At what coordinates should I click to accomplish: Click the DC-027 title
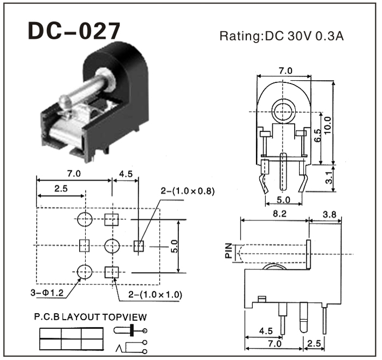(x=74, y=32)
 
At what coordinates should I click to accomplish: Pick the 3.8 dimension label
(x=329, y=215)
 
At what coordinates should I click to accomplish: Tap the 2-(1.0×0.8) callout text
(x=187, y=191)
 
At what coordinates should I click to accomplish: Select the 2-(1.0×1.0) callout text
(x=156, y=295)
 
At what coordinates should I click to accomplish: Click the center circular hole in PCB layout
(x=112, y=246)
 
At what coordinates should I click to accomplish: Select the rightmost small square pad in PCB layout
(x=139, y=246)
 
